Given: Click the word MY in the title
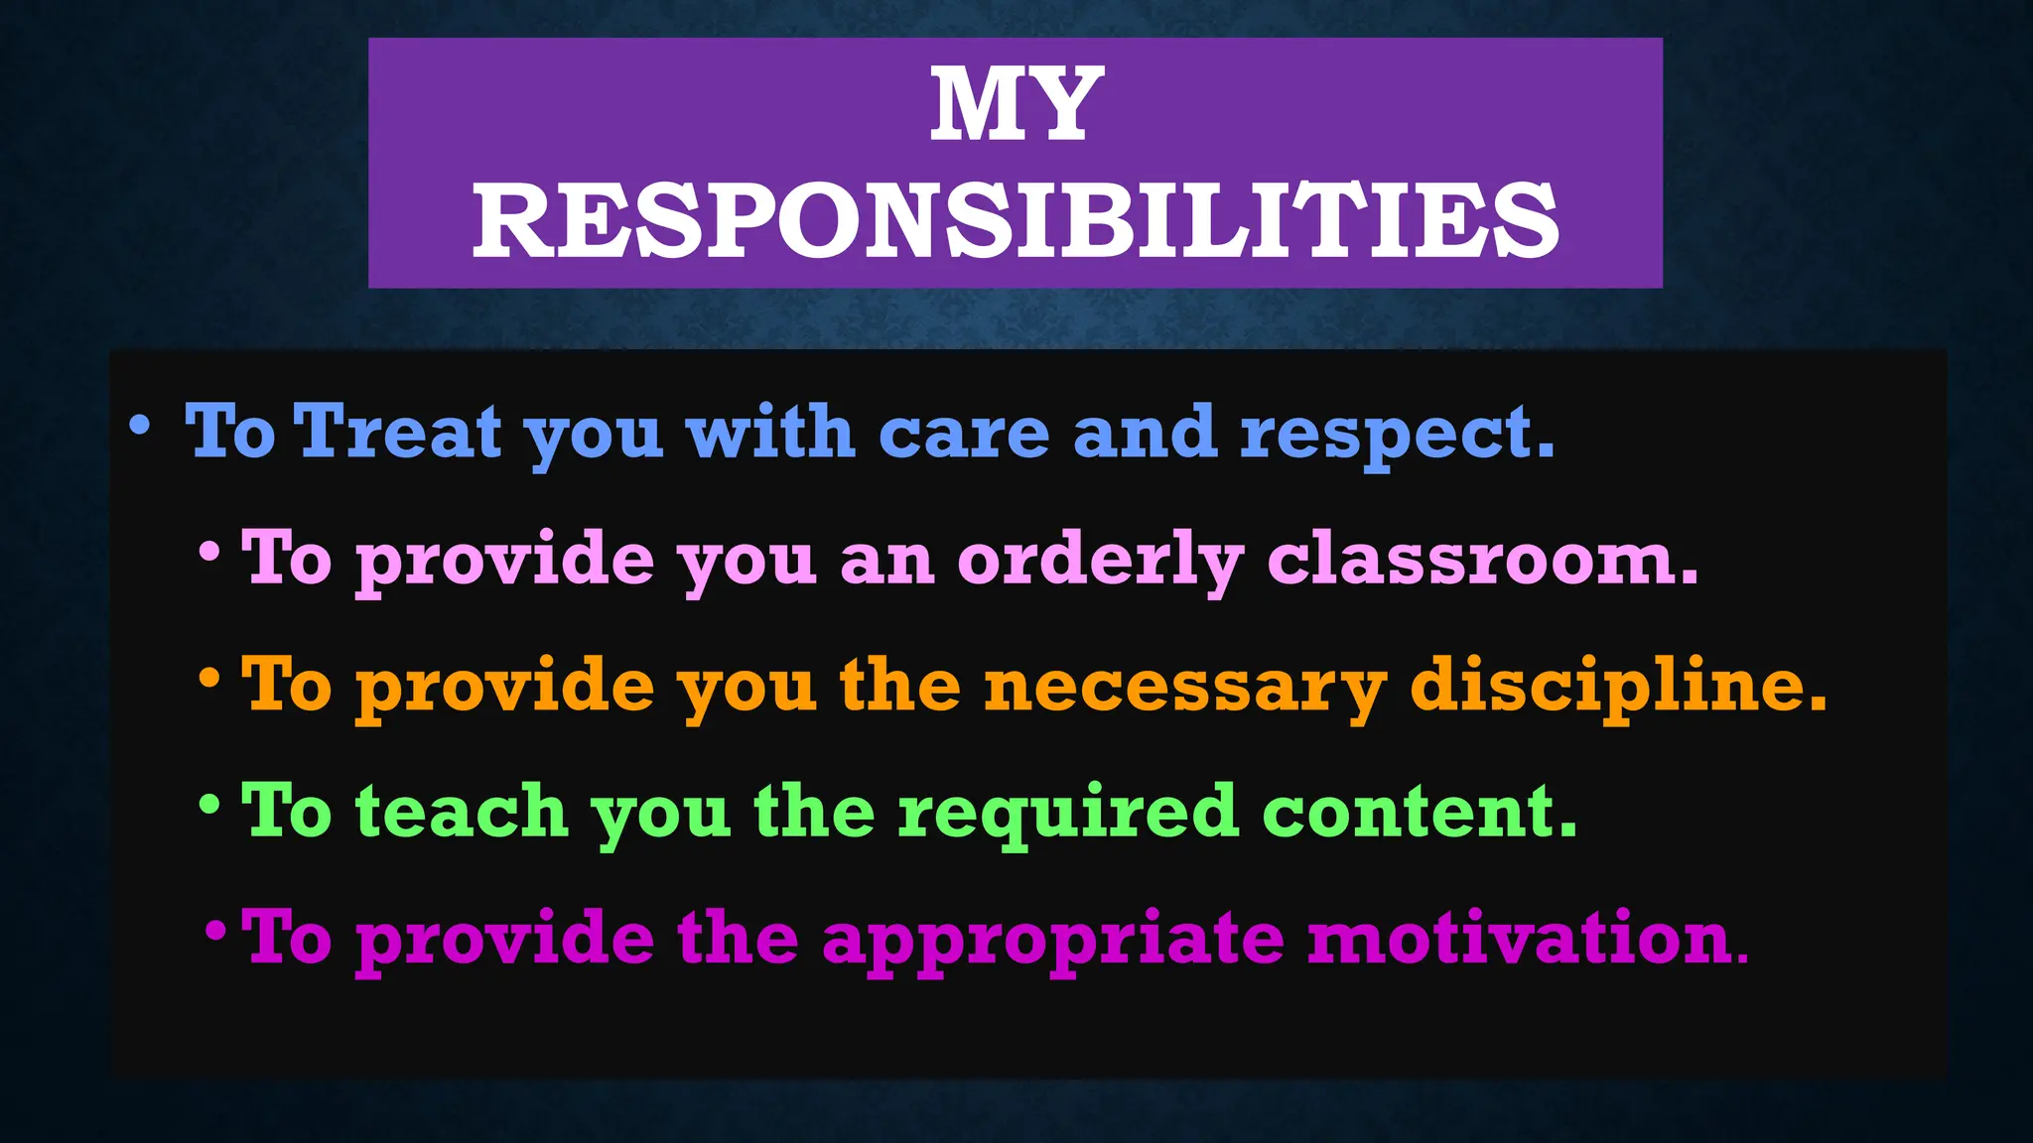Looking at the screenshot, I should (x=1016, y=105).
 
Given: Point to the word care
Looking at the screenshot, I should (x=964, y=435).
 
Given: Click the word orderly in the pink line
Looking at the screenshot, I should (x=1100, y=562).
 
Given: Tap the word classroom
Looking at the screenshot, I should (x=1482, y=560).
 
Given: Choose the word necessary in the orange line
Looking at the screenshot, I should (x=1184, y=687).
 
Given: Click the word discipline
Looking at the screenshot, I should (x=1617, y=687).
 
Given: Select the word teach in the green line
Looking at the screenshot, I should (x=462, y=812).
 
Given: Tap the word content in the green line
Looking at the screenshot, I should (x=1419, y=812).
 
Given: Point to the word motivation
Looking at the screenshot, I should (x=1527, y=939).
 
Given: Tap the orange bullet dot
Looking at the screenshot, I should (x=209, y=680).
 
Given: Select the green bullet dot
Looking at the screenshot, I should (x=209, y=805).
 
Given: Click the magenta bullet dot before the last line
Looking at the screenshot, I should (x=215, y=932).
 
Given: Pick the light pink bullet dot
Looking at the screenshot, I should (x=209, y=553).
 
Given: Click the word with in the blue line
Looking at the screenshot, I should (x=770, y=433).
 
